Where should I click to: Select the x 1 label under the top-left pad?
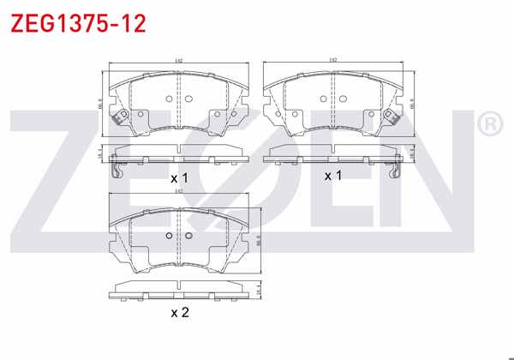178,177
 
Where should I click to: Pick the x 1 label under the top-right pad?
332,175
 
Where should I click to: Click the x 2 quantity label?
178,312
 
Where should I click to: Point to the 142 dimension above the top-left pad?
177,61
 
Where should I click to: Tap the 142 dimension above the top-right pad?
332,61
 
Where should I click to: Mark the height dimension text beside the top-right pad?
412,104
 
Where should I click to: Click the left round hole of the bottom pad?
169,237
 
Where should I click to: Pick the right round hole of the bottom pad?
188,237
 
